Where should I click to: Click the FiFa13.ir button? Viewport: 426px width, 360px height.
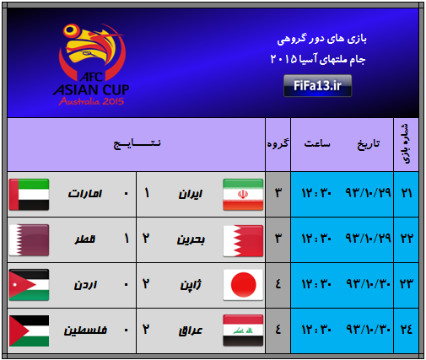pos(317,86)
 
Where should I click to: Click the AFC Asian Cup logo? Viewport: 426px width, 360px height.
pos(91,64)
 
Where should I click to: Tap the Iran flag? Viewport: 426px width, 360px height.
pos(243,195)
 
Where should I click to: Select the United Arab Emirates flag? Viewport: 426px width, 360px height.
pos(29,195)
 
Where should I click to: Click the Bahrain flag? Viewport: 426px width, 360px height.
pos(243,241)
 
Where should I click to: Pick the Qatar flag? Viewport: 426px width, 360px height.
pos(29,240)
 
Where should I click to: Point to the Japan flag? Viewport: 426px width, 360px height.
pos(243,285)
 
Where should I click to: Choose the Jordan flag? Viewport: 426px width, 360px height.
pos(29,285)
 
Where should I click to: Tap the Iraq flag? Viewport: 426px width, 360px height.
pos(243,330)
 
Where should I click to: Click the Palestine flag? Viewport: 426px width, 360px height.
pos(29,330)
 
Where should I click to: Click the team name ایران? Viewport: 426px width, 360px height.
pos(191,194)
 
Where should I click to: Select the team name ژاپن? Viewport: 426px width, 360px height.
pos(191,285)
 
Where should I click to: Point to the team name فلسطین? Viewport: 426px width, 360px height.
pos(85,330)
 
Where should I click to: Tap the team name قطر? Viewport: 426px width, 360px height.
pos(85,239)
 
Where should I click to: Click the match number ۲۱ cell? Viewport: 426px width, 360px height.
pos(407,194)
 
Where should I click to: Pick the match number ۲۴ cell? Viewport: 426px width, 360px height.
pos(407,330)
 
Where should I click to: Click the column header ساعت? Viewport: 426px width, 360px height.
pos(317,143)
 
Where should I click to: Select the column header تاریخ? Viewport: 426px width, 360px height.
pos(369,144)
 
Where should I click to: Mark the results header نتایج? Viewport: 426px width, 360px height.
pos(137,143)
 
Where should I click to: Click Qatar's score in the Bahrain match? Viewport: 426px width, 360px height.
pos(127,239)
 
